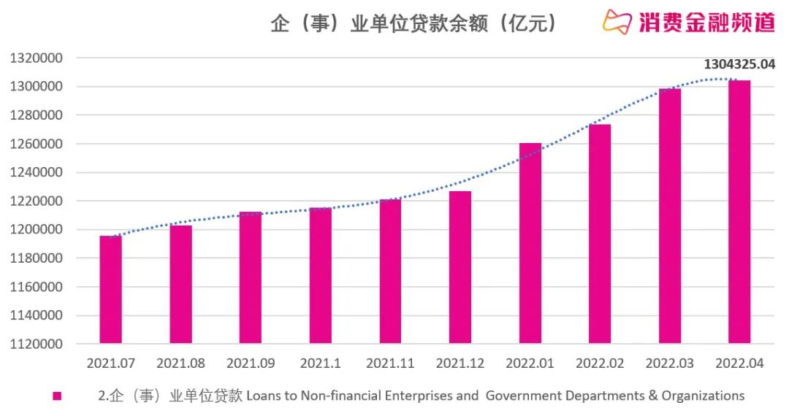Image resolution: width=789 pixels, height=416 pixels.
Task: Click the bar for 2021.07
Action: (111, 290)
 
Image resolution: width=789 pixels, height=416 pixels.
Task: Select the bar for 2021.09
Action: (251, 277)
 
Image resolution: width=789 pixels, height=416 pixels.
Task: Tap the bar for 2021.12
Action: (460, 267)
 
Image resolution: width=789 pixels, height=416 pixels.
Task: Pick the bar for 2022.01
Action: (530, 243)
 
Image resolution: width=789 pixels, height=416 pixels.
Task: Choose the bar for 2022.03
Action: (670, 216)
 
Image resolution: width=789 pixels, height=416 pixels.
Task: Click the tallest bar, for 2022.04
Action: (739, 212)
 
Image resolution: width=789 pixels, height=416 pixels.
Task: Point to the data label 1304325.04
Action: (738, 64)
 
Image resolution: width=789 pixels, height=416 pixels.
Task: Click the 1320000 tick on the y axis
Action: (37, 58)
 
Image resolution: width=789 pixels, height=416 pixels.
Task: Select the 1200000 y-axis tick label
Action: (37, 230)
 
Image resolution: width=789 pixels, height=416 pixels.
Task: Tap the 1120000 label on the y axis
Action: (37, 344)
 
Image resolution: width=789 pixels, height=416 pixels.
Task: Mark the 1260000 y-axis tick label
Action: (37, 144)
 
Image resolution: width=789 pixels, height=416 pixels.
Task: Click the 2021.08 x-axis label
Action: (180, 363)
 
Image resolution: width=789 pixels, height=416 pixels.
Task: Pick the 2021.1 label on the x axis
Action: (320, 363)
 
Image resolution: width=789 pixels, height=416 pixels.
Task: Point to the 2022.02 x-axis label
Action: (600, 363)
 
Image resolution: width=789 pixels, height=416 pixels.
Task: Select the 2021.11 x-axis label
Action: (390, 363)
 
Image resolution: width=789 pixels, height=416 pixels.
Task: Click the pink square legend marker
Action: (57, 396)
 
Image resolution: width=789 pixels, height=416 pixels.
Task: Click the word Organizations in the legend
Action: (703, 396)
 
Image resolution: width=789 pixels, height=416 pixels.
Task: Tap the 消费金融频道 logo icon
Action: (617, 22)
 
